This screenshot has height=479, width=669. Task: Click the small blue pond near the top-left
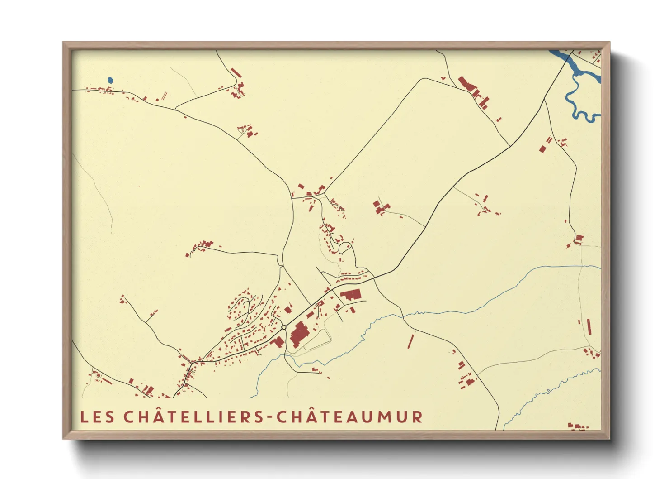(x=110, y=80)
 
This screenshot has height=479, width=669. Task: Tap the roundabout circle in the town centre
(x=283, y=327)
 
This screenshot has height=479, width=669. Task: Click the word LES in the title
(x=97, y=417)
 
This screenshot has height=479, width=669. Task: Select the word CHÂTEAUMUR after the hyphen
(x=349, y=417)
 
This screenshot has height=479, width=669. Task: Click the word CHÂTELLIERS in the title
(x=194, y=417)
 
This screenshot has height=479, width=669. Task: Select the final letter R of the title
(x=417, y=417)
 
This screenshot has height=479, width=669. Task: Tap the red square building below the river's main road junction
(x=542, y=148)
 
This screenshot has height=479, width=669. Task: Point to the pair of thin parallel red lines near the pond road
(x=164, y=96)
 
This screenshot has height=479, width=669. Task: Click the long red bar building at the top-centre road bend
(x=236, y=72)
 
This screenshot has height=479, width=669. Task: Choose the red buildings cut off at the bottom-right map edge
(x=578, y=426)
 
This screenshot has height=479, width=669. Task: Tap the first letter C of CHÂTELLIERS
(x=129, y=417)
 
